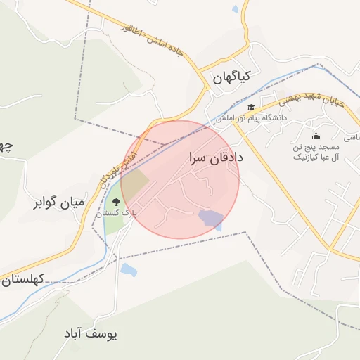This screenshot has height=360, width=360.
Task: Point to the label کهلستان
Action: tap(23, 280)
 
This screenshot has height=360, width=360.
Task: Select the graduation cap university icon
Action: tap(250, 108)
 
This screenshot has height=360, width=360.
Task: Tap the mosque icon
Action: tap(316, 136)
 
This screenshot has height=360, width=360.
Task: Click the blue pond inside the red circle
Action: tap(210, 217)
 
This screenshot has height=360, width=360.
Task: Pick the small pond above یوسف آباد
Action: tap(128, 269)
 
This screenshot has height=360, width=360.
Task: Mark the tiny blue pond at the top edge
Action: tap(235, 9)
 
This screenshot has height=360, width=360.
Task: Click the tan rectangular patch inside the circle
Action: tap(136, 184)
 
